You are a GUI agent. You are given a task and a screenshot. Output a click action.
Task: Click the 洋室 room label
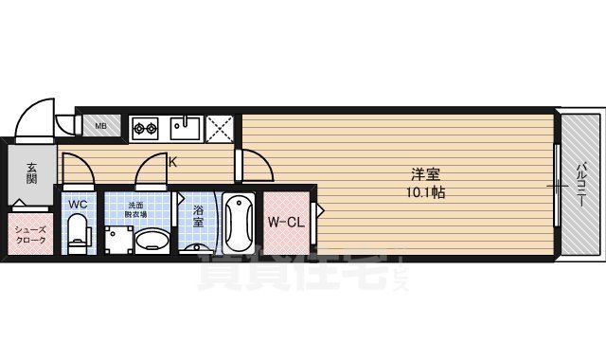(425, 174)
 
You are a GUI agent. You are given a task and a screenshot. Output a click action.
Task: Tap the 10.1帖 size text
(425, 191)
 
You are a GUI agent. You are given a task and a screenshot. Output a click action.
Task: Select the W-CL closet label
(285, 224)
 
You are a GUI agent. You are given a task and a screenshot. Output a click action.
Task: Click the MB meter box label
(99, 125)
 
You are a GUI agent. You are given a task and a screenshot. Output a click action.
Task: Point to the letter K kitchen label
(172, 161)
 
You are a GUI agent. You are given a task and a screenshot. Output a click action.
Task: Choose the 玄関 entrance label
(30, 171)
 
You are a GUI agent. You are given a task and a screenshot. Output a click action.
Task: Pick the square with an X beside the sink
(221, 127)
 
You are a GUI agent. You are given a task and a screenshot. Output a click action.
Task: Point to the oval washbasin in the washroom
(151, 242)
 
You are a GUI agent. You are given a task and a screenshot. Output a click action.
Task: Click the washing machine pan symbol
(117, 239)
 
